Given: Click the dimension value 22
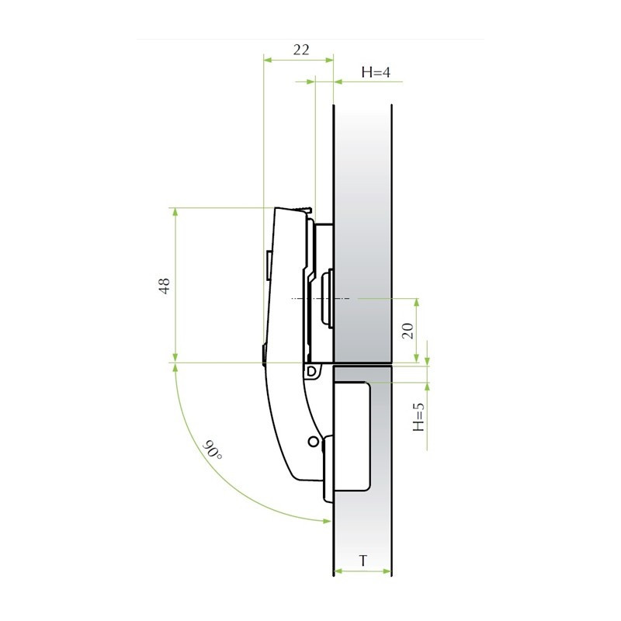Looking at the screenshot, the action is click(x=301, y=50).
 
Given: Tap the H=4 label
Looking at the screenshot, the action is click(x=376, y=72).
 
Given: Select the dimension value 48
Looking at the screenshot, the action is click(x=165, y=285).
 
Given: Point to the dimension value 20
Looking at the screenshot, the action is click(x=408, y=331).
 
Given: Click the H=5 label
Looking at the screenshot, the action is click(x=418, y=417).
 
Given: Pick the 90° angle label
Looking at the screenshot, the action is click(x=213, y=450).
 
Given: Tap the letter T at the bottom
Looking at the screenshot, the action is click(x=363, y=560).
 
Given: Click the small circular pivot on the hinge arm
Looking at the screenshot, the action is click(x=314, y=441).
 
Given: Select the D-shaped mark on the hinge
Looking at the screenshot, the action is click(x=312, y=371).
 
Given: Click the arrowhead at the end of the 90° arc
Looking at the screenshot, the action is click(x=327, y=521).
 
